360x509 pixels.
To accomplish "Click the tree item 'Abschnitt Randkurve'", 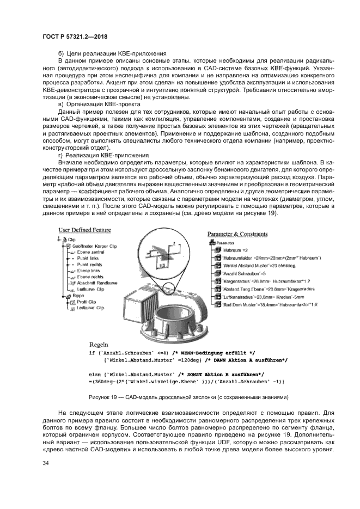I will click(x=96, y=283).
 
